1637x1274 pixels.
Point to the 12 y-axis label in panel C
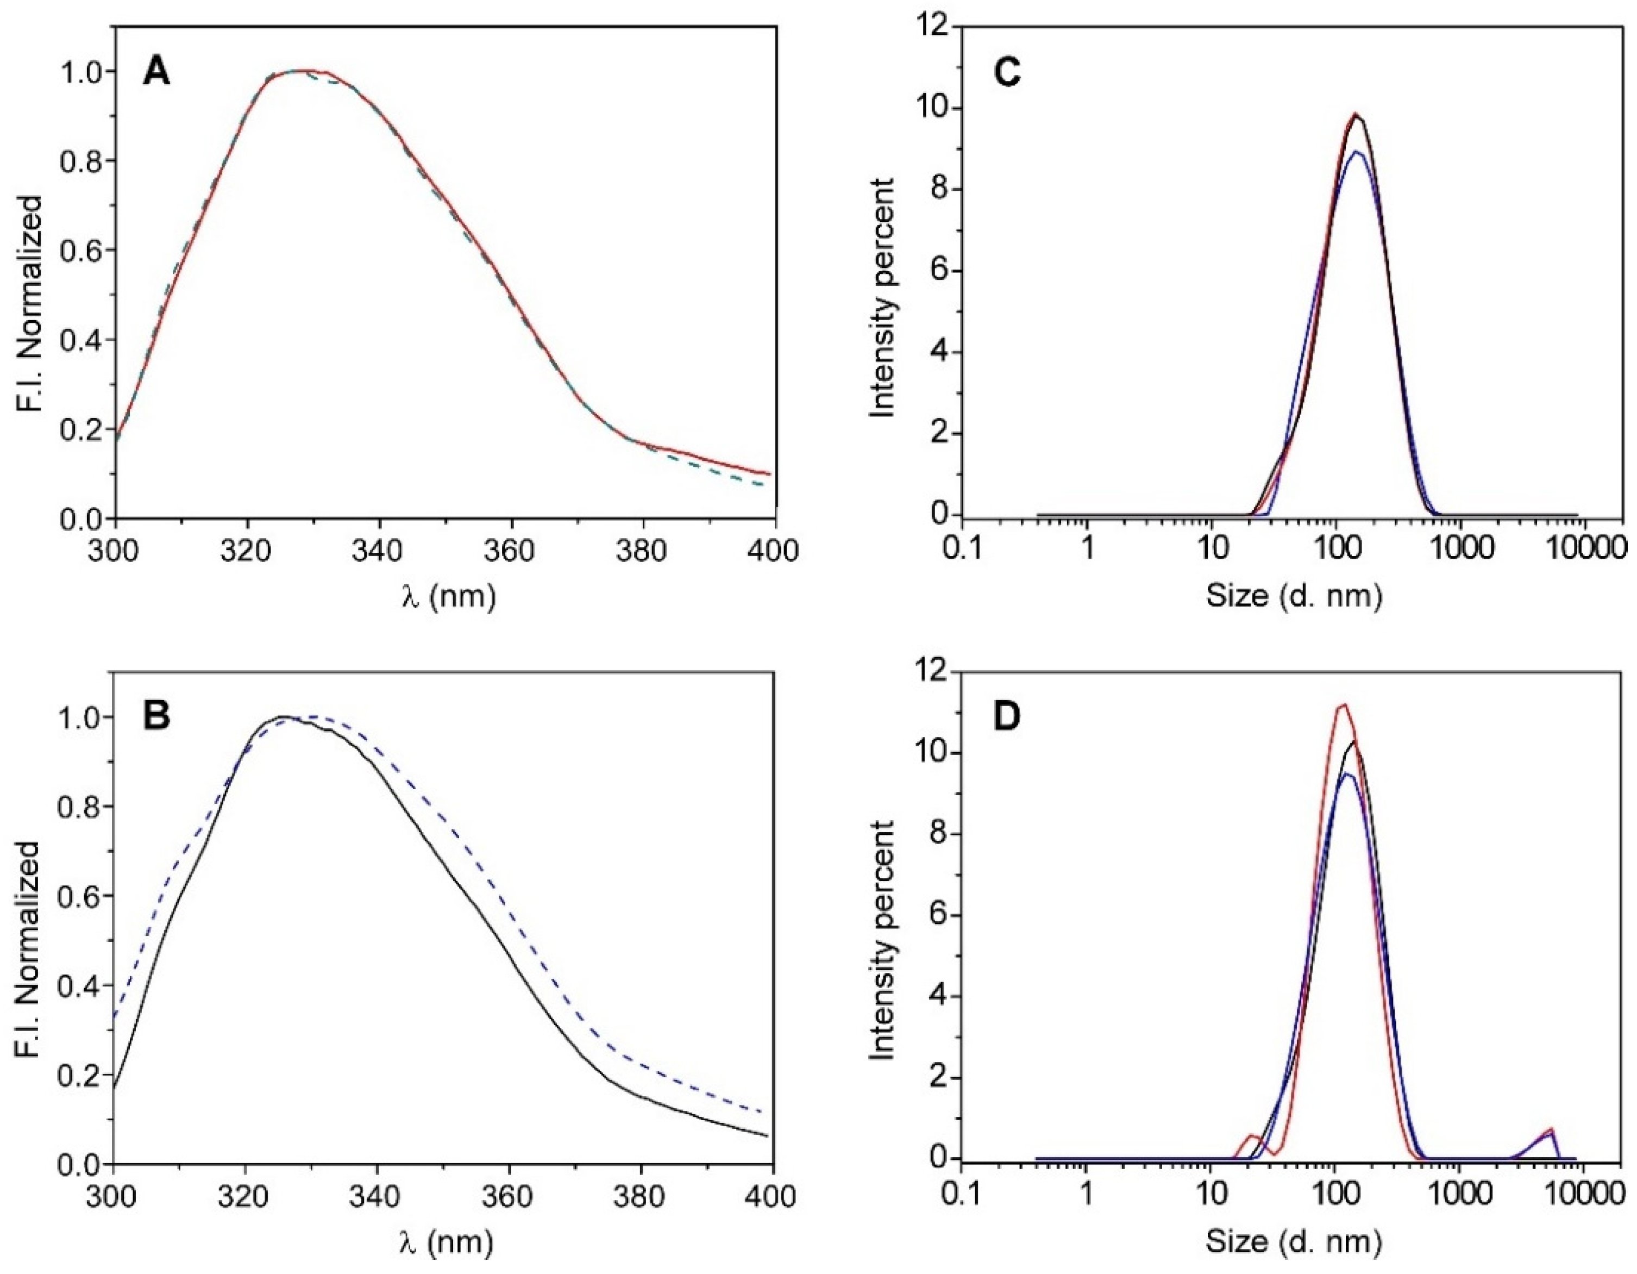930,28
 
